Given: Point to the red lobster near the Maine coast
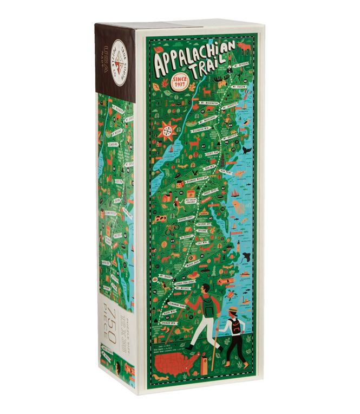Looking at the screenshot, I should tap(244, 113).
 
